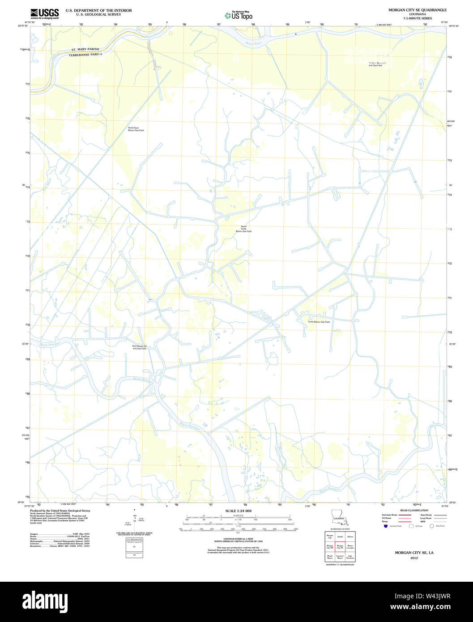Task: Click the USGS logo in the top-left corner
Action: coord(45,13)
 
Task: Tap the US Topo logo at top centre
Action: coord(239,16)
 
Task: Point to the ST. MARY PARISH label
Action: coord(85,49)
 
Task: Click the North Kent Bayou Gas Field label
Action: coord(136,129)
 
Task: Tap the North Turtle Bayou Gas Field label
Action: coord(244,229)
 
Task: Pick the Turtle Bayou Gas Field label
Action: coord(319,322)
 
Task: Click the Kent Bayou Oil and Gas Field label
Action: coord(139,347)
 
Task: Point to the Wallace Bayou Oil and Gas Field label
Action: coord(375,64)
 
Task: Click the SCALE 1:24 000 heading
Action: coord(238,511)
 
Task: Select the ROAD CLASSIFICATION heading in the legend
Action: coord(414,510)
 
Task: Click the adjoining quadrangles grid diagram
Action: coord(339,546)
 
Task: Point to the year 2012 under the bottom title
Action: coord(414,558)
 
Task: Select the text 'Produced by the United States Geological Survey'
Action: coord(60,511)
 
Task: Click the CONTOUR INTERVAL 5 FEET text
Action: coord(238,539)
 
